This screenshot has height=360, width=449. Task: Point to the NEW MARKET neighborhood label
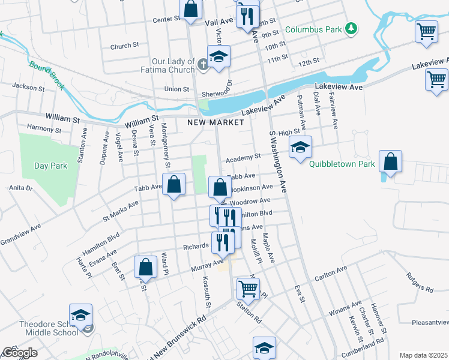coord(215,122)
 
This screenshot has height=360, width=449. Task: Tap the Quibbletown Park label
coord(342,164)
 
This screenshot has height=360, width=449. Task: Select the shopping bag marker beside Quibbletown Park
coord(390,161)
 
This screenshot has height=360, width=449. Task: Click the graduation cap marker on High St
coord(301,147)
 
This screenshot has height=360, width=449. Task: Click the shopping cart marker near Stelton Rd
coord(247,289)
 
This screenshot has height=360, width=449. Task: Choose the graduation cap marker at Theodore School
coord(80,314)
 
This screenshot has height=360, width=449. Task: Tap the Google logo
coord(19,353)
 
